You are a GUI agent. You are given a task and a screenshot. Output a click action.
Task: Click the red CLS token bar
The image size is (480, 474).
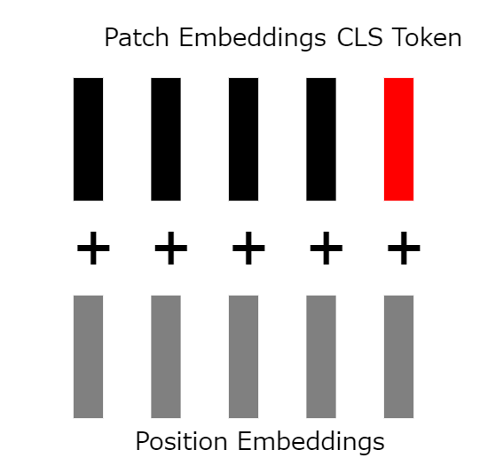pyautogui.click(x=398, y=139)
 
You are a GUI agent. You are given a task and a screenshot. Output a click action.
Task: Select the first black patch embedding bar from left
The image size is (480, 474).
pyautogui.click(x=88, y=139)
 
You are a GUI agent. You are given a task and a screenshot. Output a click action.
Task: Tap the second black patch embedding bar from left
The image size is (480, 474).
pyautogui.click(x=166, y=139)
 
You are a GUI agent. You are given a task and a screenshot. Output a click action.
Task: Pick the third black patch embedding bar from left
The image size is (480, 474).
pyautogui.click(x=243, y=139)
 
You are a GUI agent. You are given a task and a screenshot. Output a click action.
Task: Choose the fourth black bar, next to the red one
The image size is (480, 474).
pyautogui.click(x=321, y=139)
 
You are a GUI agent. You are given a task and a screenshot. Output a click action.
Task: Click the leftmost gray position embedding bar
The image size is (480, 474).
pyautogui.click(x=88, y=357)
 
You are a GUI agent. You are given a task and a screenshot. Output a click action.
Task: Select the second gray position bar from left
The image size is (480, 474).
pyautogui.click(x=166, y=357)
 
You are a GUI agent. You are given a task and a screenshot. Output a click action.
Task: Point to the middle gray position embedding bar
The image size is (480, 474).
pyautogui.click(x=243, y=357)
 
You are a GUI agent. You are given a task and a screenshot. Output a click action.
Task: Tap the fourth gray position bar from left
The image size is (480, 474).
pyautogui.click(x=321, y=357)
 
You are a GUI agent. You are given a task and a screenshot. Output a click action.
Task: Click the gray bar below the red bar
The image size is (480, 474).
pyautogui.click(x=398, y=357)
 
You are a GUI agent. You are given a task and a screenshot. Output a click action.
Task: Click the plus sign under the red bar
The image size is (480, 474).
pyautogui.click(x=404, y=248)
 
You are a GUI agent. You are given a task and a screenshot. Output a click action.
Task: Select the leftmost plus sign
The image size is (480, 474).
pyautogui.click(x=93, y=248)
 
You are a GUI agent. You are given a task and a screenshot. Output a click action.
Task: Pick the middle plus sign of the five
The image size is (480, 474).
pyautogui.click(x=248, y=248)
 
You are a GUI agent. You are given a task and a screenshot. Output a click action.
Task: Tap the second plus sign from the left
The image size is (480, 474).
pyautogui.click(x=171, y=248)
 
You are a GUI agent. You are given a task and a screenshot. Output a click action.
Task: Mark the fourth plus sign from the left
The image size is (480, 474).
pyautogui.click(x=326, y=248)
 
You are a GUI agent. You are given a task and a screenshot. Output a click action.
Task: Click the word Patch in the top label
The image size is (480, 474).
pyautogui.click(x=137, y=37)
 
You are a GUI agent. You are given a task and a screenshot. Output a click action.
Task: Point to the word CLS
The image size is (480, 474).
pyautogui.click(x=359, y=37)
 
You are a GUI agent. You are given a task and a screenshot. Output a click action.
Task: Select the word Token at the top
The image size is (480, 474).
pyautogui.click(x=427, y=37)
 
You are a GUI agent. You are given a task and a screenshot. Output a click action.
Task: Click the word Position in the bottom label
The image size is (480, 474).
pyautogui.click(x=181, y=441)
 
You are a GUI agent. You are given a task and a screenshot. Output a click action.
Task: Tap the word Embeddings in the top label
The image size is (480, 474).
pyautogui.click(x=253, y=39)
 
